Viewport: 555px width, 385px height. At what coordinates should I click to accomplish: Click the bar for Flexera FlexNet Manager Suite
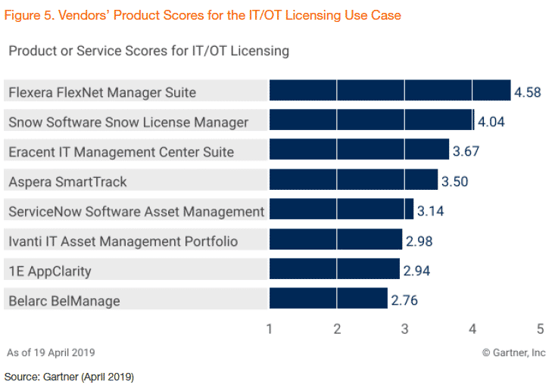(390, 92)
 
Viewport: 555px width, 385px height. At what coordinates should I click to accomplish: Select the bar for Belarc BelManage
(329, 300)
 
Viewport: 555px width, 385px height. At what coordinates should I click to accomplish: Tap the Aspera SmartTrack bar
(354, 182)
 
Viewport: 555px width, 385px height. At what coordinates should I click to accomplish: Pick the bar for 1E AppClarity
(334, 271)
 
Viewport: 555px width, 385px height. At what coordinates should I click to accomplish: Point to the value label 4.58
(528, 92)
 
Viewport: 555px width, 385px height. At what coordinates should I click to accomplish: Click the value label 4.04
(491, 122)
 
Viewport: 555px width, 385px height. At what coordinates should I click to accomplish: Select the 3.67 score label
(467, 151)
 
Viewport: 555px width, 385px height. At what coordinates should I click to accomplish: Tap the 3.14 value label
(430, 211)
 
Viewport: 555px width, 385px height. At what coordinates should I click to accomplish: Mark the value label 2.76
(404, 300)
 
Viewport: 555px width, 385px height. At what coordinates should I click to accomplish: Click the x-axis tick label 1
(270, 330)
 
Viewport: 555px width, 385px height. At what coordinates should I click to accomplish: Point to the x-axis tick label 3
(405, 330)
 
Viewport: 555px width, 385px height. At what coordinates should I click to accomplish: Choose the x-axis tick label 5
(540, 330)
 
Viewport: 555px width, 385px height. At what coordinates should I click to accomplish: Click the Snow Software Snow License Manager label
(128, 122)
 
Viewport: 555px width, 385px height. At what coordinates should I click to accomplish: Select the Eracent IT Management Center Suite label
(121, 151)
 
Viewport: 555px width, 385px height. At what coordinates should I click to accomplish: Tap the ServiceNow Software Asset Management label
(136, 211)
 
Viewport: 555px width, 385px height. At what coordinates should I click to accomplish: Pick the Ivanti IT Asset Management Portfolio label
(123, 241)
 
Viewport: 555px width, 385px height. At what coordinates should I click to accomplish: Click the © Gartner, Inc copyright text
(514, 352)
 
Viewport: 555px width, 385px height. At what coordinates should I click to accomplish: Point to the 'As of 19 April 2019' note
(51, 352)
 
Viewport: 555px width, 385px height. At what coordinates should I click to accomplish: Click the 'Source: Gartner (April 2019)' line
(69, 376)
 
